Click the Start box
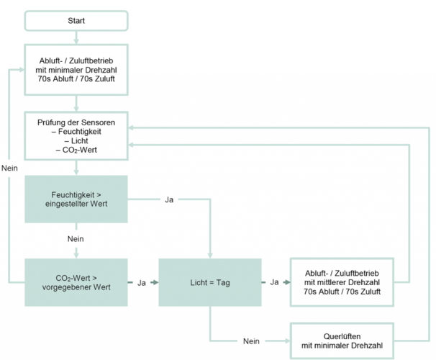[76, 20]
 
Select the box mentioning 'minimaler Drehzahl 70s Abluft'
[76, 70]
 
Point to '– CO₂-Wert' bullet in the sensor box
[76, 150]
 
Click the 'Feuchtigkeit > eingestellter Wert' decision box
[76, 199]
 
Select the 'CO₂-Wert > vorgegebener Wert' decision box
[76, 282]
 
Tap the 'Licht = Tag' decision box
[209, 282]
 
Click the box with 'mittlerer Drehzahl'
[342, 282]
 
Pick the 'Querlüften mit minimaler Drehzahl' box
[342, 340]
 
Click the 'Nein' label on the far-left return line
[10, 168]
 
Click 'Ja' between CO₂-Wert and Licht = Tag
[142, 282]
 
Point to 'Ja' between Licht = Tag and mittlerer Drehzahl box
[274, 282]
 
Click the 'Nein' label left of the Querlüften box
[251, 340]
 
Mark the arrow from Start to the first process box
[76, 35]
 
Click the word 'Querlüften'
[342, 335]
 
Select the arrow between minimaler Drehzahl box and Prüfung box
[76, 104]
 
